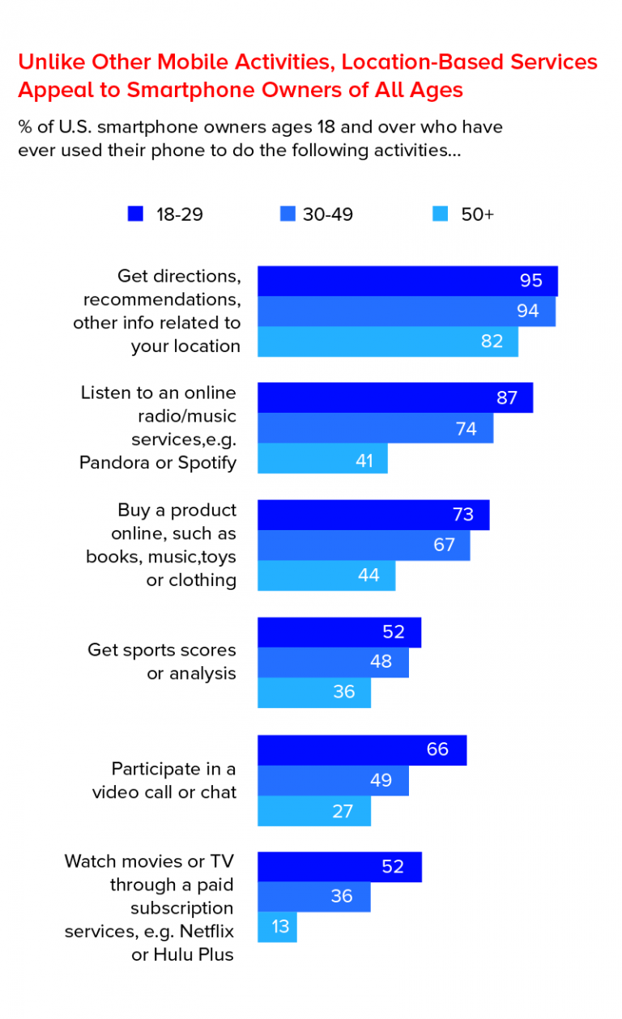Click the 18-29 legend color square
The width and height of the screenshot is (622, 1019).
135,214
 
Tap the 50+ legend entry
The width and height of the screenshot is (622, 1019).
464,214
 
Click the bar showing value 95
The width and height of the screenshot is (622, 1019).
407,281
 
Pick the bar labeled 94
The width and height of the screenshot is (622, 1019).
407,311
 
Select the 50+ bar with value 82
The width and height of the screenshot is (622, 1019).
388,341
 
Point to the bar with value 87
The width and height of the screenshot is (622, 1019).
395,398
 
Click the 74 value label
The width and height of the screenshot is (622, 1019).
466,429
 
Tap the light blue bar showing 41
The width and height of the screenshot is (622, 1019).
322,459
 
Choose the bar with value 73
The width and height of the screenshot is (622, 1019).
373,516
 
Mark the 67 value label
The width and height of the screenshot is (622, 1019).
444,546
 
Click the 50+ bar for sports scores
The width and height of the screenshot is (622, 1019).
314,693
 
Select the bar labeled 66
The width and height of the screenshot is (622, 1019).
362,750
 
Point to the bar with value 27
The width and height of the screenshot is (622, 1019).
314,811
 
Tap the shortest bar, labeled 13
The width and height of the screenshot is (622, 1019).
277,927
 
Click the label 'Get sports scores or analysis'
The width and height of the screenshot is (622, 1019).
162,661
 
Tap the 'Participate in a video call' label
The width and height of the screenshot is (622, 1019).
164,780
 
